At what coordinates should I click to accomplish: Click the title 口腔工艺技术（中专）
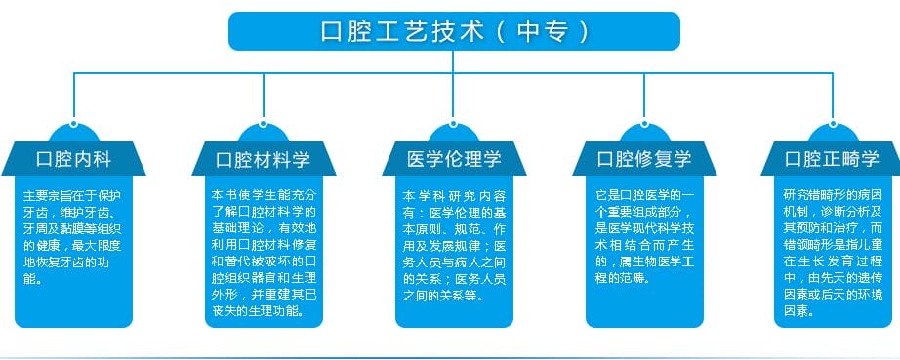point(454,30)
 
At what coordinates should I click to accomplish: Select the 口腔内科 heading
point(73,159)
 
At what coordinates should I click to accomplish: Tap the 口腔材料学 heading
point(264,159)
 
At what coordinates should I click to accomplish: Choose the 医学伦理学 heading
point(454,159)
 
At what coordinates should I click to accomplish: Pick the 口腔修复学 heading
point(644,159)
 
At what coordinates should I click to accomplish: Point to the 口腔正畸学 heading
point(833,159)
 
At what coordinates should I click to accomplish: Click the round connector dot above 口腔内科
point(73,126)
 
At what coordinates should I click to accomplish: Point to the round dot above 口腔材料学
point(264,126)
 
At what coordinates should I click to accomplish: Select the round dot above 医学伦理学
point(454,126)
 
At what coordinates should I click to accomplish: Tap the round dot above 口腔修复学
point(644,126)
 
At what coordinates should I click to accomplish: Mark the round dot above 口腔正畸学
point(833,126)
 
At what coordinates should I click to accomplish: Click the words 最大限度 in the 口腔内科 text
point(99,244)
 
